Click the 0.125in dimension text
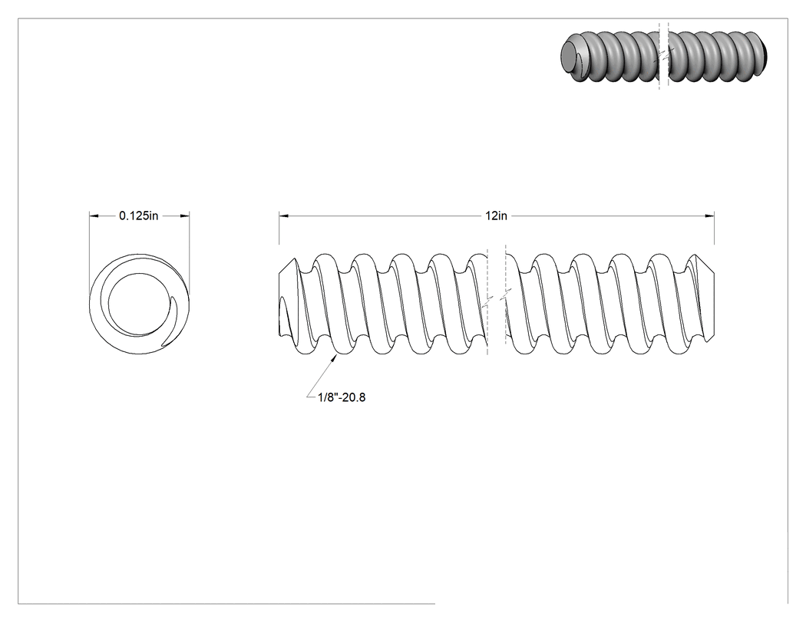pos(139,216)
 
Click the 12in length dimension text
pos(496,216)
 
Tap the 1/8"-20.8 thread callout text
pos(342,397)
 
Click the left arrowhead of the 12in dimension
pos(284,216)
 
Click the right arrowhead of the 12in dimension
pos(709,216)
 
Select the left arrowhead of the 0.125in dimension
pos(94,216)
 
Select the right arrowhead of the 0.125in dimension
pos(184,216)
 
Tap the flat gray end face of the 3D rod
pos(570,55)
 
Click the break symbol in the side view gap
pos(497,297)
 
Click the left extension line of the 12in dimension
pos(279,228)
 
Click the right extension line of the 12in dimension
pos(714,228)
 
